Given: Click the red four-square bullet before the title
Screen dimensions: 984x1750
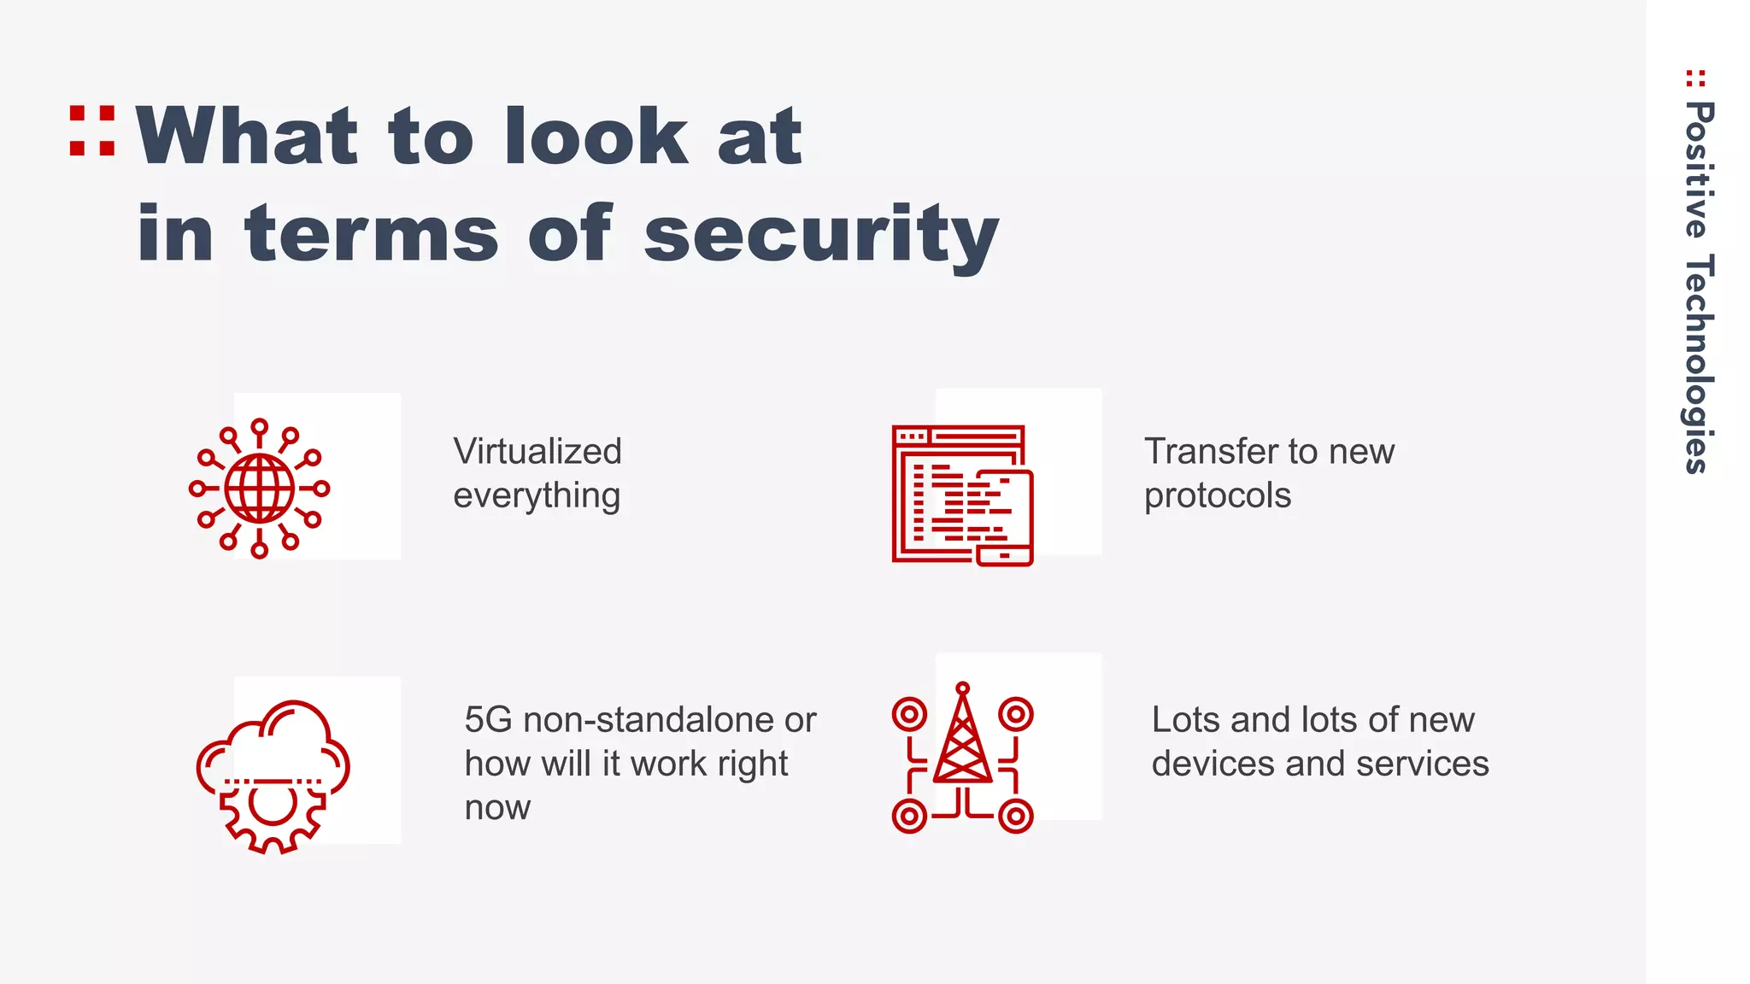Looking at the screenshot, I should pos(92,131).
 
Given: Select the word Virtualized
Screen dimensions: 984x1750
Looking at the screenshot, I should pos(537,451).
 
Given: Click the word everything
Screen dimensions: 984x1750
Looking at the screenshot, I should pos(537,496).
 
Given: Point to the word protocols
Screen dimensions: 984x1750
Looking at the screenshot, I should pos(1218,496).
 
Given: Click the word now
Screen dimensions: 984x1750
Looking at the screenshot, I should pos(497,807).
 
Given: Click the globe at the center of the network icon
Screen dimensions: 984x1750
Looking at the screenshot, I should pos(260,489).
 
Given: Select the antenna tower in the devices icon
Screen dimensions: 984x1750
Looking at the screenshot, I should pos(963,739).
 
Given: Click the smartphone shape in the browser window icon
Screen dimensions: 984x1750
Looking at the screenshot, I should pos(1005,517).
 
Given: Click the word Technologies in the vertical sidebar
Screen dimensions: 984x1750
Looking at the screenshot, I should pos(1698,363).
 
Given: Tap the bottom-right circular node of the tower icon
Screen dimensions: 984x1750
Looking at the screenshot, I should pos(1016,817).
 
